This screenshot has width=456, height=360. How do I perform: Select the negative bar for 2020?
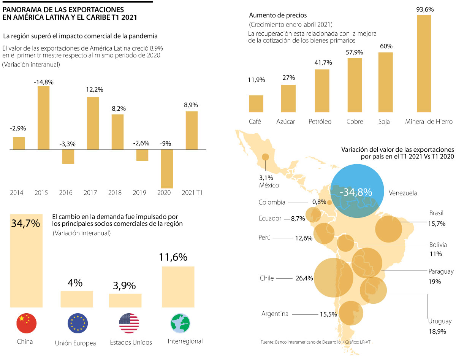(166, 168)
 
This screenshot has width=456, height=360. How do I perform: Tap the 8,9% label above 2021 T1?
(191, 105)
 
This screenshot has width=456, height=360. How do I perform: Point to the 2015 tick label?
(41, 193)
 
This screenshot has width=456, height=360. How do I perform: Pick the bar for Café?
(256, 103)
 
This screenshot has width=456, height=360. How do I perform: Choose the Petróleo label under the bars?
(320, 122)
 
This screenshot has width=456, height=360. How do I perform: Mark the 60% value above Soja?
(386, 46)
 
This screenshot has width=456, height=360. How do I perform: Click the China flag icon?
(26, 324)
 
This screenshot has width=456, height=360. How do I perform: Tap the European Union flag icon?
(78, 324)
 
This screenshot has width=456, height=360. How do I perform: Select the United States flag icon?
(129, 324)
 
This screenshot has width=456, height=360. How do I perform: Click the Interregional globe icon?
(180, 323)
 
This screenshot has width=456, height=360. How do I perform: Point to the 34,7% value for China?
(26, 224)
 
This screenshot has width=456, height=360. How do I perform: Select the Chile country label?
(267, 278)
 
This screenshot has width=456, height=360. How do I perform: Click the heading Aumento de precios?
(278, 16)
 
